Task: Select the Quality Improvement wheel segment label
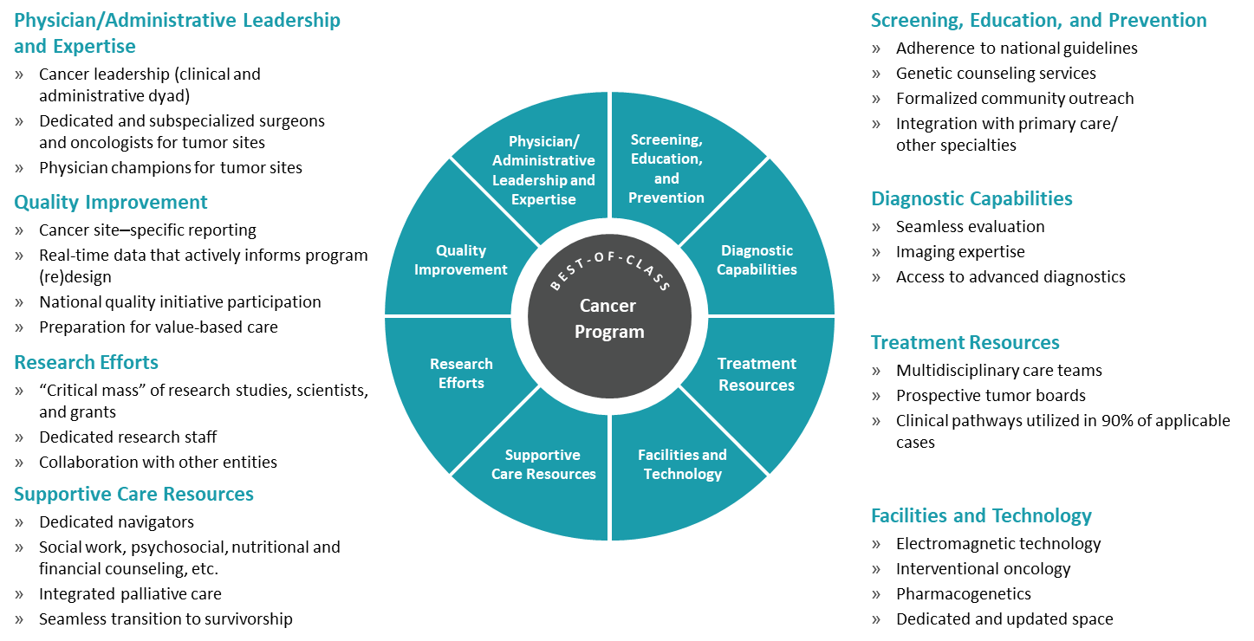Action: click(460, 260)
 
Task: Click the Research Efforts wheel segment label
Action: click(461, 373)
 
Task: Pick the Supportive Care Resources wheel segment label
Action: click(543, 464)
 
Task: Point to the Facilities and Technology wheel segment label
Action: click(683, 464)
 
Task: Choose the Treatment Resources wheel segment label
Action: click(757, 374)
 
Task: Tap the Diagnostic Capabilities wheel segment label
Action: click(757, 260)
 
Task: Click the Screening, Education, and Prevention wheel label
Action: click(666, 169)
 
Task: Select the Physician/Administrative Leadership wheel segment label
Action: click(543, 170)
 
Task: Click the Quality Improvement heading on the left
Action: click(111, 202)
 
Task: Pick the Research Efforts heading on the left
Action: click(86, 362)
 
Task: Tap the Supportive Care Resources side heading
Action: click(133, 494)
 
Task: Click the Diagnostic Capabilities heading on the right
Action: click(971, 198)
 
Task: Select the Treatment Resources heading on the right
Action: click(965, 342)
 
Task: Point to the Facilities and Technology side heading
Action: click(981, 515)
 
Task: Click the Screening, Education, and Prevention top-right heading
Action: click(1038, 20)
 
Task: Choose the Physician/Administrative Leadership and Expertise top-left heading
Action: click(177, 33)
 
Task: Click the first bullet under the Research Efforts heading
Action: click(19, 391)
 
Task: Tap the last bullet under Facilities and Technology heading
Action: click(876, 619)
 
